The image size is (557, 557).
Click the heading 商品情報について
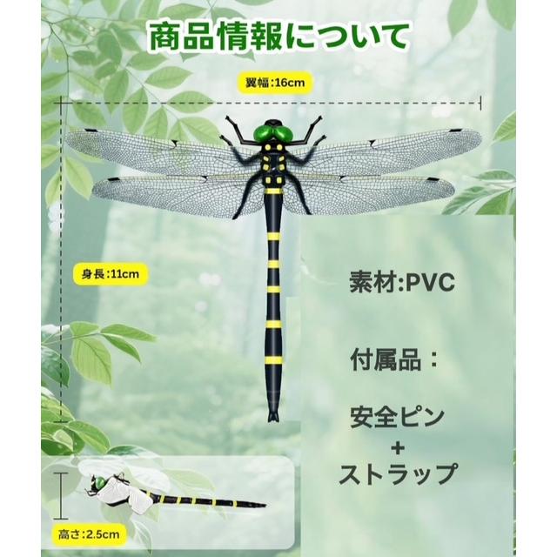278,37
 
